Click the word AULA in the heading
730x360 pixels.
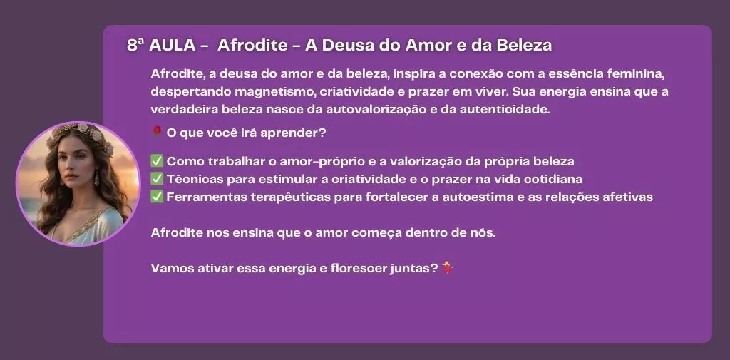pos(173,45)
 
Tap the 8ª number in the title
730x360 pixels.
pos(135,45)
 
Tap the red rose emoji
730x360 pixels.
pos(156,133)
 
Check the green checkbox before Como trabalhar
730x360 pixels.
pos(157,161)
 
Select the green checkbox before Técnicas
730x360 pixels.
pos(157,179)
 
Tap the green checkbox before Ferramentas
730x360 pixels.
pos(157,197)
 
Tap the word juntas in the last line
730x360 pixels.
pos(413,269)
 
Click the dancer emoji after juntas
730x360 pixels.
pos(448,268)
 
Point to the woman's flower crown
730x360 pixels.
pos(81,133)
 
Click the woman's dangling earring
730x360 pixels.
pos(97,178)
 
